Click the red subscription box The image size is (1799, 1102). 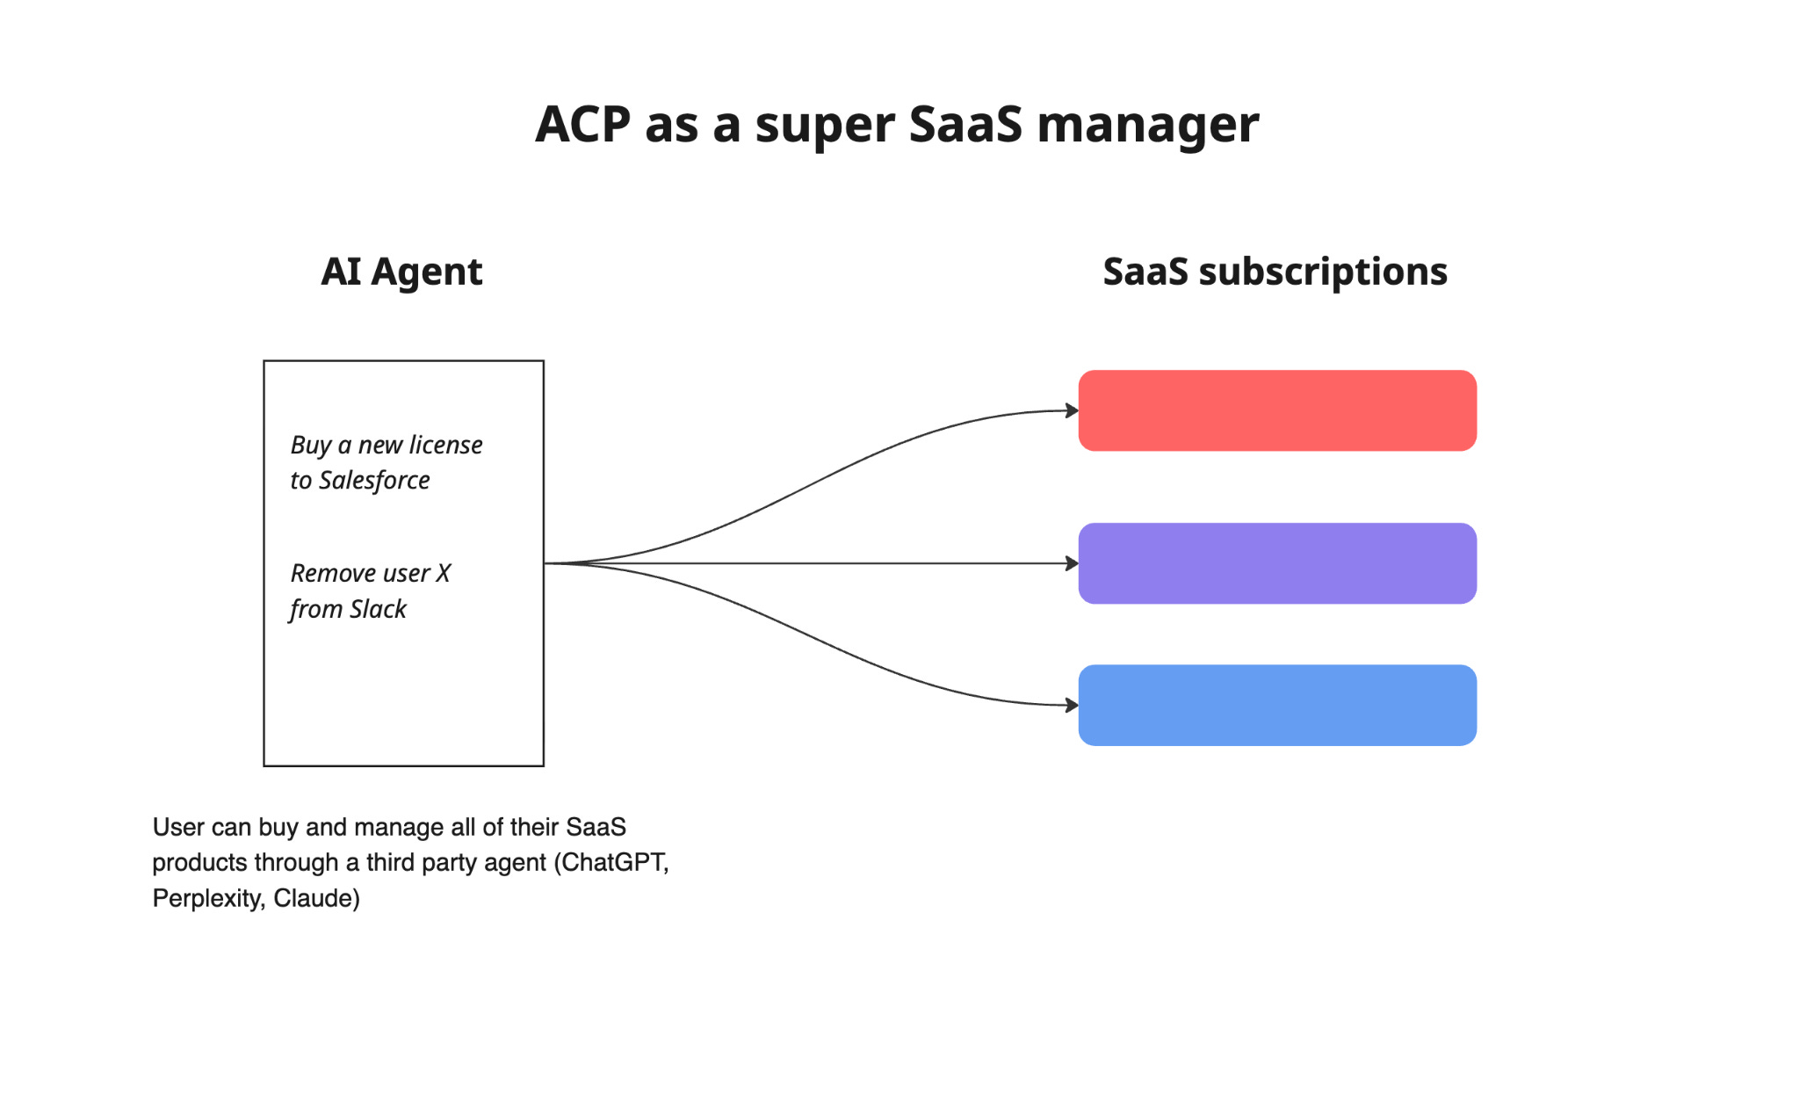[x=1276, y=410]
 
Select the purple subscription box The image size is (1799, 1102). [x=1276, y=563]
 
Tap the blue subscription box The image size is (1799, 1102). [x=1276, y=705]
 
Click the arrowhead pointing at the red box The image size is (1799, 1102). [x=1071, y=410]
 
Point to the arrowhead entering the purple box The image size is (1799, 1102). [x=1071, y=563]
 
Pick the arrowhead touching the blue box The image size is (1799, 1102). [x=1071, y=705]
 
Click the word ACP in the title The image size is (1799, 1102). [x=582, y=125]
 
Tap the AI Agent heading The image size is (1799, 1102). [x=401, y=272]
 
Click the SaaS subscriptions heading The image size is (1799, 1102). [x=1275, y=272]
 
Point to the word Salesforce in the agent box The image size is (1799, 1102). [x=374, y=481]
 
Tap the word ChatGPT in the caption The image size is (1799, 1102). [x=613, y=862]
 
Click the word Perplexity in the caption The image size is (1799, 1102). [x=206, y=898]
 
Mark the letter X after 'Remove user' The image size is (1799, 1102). [x=443, y=573]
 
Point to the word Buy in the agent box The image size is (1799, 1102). [x=310, y=446]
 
